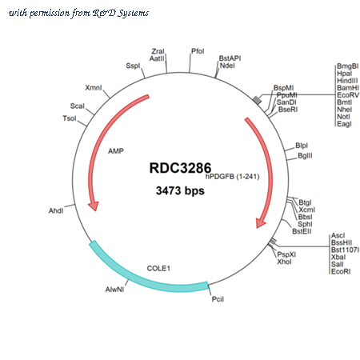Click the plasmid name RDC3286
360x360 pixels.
[x=180, y=168]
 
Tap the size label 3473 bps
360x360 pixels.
[x=180, y=190]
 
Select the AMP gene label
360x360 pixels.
[x=116, y=151]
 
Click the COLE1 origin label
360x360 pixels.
[x=158, y=268]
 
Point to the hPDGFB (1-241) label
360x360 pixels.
[x=232, y=177]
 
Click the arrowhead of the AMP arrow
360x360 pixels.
[x=94, y=206]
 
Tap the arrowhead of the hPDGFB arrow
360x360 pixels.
[x=260, y=223]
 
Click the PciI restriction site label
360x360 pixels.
[x=218, y=299]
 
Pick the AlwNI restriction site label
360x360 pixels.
[x=114, y=290]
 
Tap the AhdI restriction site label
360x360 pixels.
[x=56, y=211]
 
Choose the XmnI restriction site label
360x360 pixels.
[x=94, y=87]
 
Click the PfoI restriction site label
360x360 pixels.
[x=198, y=51]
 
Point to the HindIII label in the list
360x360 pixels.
[x=347, y=81]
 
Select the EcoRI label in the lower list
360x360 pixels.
[x=341, y=271]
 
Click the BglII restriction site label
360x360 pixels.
[x=305, y=156]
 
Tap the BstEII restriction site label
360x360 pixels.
[x=302, y=231]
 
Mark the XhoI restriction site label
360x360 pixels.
[x=284, y=262]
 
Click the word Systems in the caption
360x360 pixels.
[x=134, y=14]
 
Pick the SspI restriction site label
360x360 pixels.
[x=133, y=66]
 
